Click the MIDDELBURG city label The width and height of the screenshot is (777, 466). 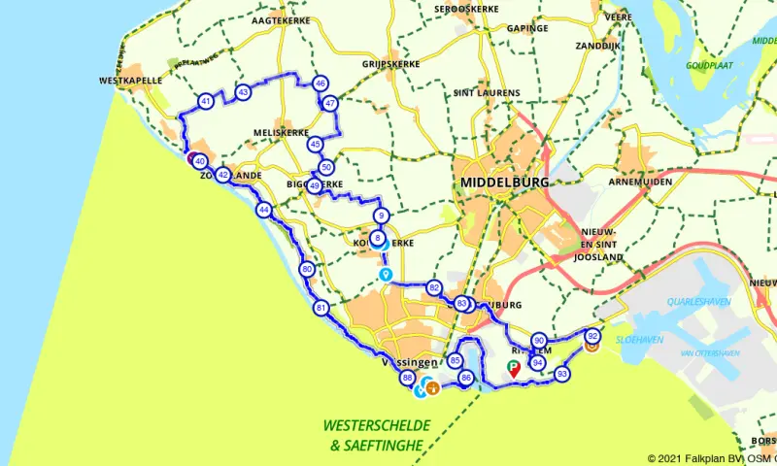point(504,182)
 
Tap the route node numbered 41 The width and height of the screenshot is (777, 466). point(206,102)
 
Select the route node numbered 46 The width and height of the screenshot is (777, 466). point(321,83)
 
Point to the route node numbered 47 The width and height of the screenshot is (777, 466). point(330,104)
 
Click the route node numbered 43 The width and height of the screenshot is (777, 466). point(243,92)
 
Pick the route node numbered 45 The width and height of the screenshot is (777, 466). point(315,144)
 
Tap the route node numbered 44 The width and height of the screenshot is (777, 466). point(263,209)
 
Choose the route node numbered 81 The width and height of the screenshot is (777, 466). point(321,308)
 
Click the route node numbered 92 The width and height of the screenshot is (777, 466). point(592,336)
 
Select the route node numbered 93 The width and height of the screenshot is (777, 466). point(562,373)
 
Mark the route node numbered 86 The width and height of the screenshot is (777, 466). point(466,378)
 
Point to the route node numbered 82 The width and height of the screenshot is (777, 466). point(434,287)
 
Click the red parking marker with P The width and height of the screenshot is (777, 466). point(514,368)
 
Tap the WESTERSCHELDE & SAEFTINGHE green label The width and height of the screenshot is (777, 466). point(376,435)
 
